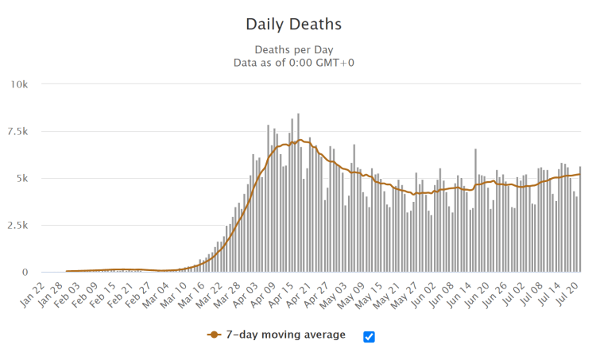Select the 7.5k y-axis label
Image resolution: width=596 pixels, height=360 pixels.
coord(18,131)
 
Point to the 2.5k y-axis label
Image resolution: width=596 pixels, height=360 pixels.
coord(18,225)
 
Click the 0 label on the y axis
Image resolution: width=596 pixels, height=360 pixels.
coord(26,272)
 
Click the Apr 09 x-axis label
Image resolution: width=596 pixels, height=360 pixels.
coord(264,298)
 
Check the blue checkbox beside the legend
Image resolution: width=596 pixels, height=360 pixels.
coord(369,336)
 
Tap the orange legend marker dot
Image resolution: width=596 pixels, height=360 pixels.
coord(214,335)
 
